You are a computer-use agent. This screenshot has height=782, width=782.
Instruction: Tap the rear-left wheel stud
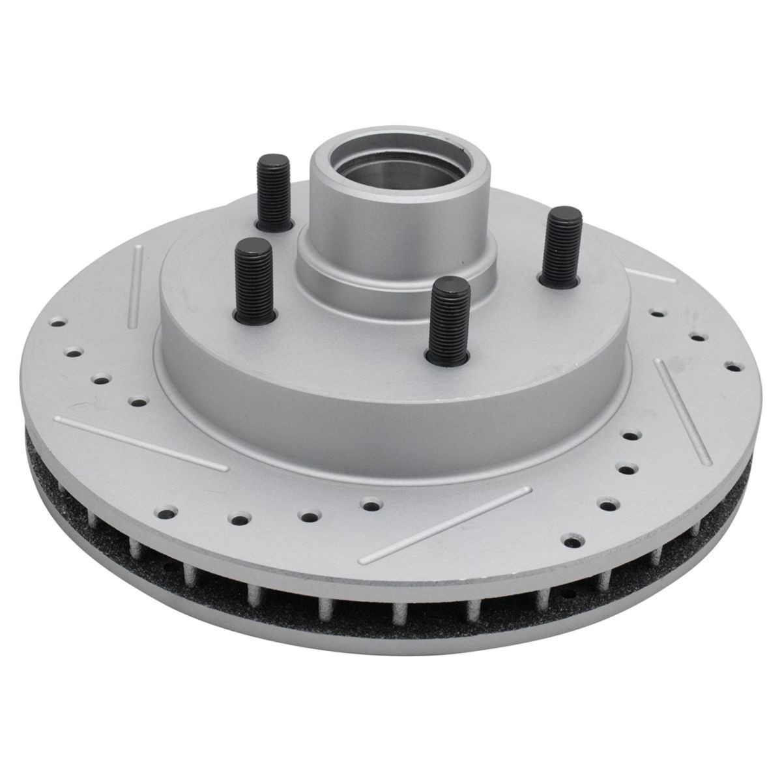click(273, 193)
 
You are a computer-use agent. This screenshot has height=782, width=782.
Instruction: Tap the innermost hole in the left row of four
click(137, 402)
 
